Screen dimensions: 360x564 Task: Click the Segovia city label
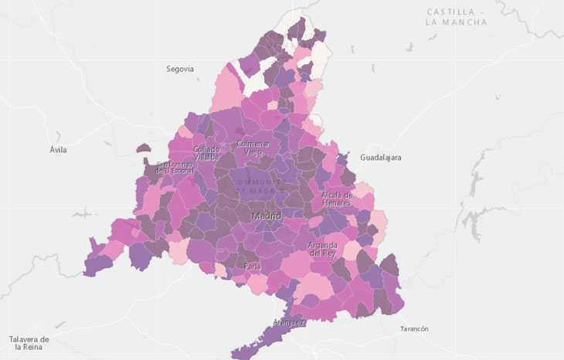pos(179,69)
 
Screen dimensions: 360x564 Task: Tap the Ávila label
pos(58,150)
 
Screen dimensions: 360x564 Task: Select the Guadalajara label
pos(380,157)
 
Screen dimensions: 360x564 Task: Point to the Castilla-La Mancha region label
pos(456,18)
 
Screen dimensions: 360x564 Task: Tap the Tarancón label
pos(414,329)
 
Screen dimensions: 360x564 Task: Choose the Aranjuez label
pos(288,321)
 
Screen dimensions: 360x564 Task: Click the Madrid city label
pos(266,216)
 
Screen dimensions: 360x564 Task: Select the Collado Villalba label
pos(206,153)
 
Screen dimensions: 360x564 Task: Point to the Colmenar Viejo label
pos(253,148)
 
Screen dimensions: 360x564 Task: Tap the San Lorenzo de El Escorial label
pos(173,168)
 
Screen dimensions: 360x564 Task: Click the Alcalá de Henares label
pos(337,199)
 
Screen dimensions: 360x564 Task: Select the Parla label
pos(253,267)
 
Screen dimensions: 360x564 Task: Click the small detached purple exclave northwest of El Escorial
pos(143,148)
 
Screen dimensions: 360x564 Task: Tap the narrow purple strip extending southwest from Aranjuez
pos(259,344)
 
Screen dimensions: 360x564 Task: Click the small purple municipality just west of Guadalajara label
pos(344,158)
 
